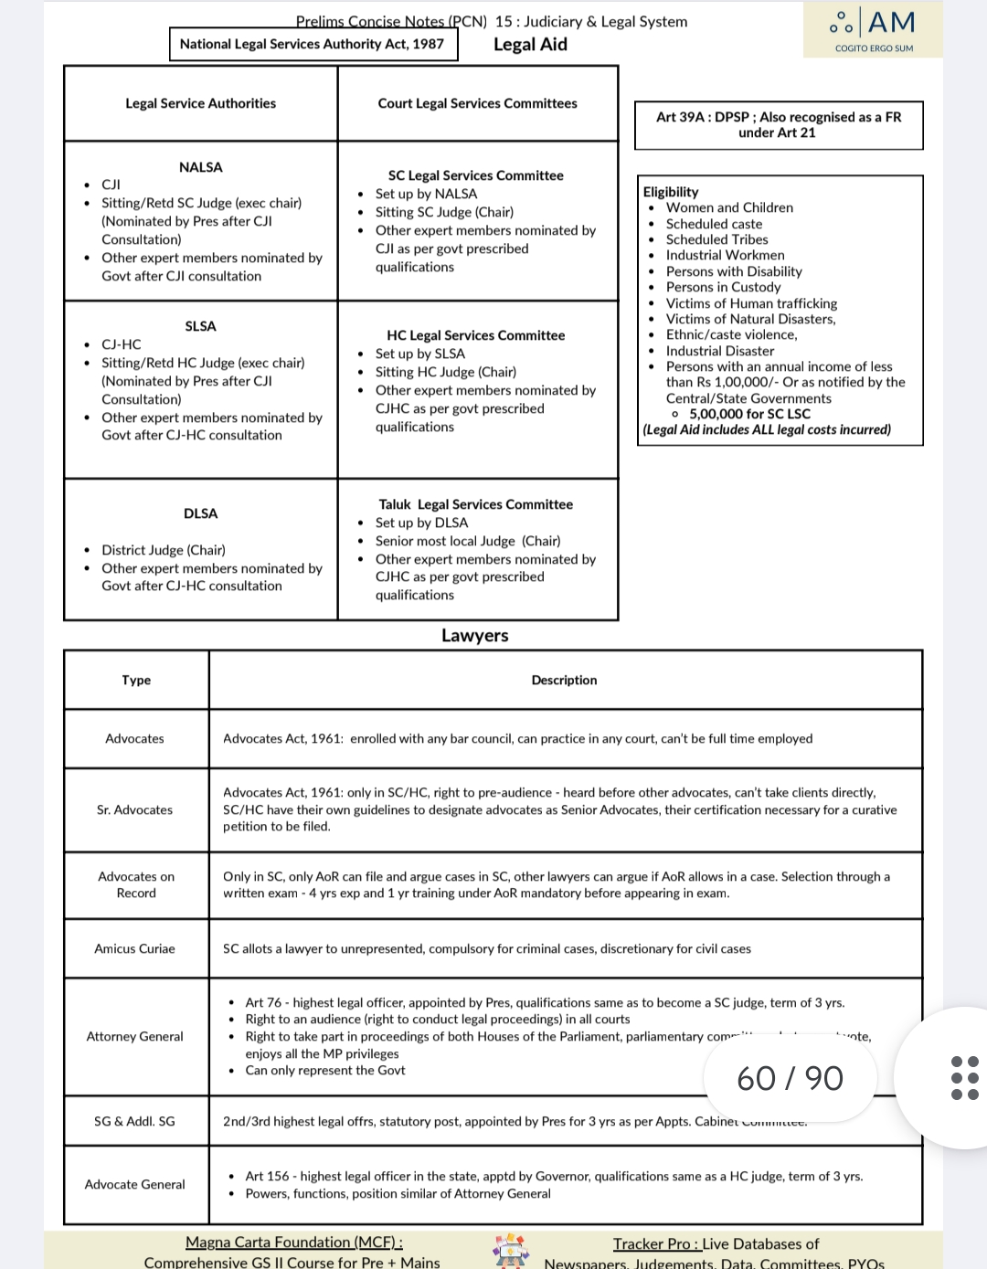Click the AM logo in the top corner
(873, 29)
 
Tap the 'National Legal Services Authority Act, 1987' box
(313, 44)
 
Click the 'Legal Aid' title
(530, 45)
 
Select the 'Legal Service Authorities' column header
(201, 103)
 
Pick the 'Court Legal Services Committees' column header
(477, 103)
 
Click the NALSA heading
(201, 167)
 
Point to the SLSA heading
(201, 326)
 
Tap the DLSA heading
(201, 513)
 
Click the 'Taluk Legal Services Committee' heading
(476, 504)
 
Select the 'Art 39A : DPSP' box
(779, 125)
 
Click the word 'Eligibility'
(671, 192)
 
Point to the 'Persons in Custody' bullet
(723, 287)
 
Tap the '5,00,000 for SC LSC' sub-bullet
(749, 414)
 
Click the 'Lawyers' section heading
(475, 636)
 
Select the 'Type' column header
(136, 680)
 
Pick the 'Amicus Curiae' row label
(135, 948)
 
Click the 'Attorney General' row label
(135, 1036)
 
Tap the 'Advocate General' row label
(135, 1184)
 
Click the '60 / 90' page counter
(791, 1079)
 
